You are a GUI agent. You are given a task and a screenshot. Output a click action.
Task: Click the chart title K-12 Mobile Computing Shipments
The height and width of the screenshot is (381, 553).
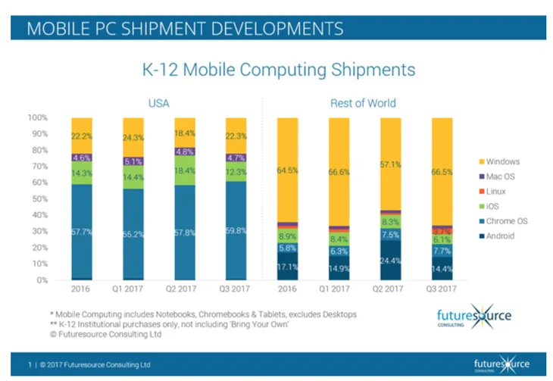(280, 70)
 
